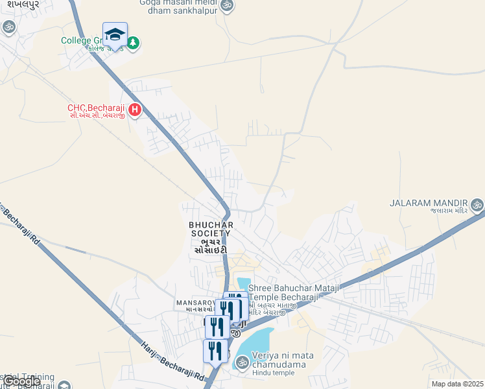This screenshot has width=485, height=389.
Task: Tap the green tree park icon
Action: tap(133, 43)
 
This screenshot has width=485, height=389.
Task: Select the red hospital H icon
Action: tap(135, 110)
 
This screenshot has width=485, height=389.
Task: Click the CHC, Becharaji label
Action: tap(97, 108)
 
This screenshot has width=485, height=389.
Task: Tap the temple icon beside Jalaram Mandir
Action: tap(477, 206)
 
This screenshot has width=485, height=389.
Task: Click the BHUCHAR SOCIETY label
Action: tap(210, 224)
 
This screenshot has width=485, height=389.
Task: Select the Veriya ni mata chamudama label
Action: tap(278, 360)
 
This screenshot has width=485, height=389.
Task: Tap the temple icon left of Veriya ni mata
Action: tap(241, 361)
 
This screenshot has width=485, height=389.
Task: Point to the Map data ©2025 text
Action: tap(457, 384)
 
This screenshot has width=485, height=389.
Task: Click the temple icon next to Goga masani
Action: tap(226, 5)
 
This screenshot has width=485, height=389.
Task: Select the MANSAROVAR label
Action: tap(198, 303)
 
